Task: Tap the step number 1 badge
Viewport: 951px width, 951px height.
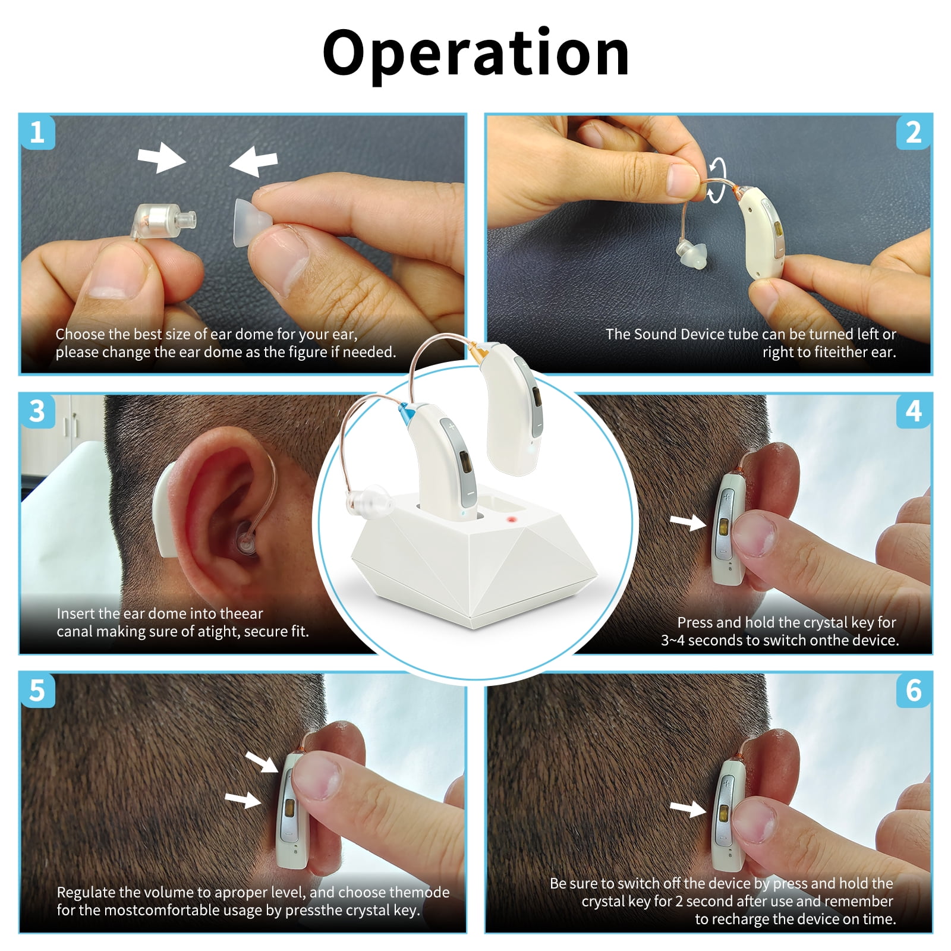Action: pos(37,131)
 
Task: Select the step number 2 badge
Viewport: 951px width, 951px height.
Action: pos(914,131)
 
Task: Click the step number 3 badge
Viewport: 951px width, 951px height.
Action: pos(37,411)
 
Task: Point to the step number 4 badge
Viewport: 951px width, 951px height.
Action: pos(914,411)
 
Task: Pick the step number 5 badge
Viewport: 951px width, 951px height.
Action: pos(37,690)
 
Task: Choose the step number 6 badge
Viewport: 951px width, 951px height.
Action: pos(914,690)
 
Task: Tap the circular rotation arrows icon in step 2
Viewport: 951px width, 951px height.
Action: pos(718,180)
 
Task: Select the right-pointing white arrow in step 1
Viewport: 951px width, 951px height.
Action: pos(162,159)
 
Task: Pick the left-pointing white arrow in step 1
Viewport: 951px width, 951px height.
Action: pos(254,161)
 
